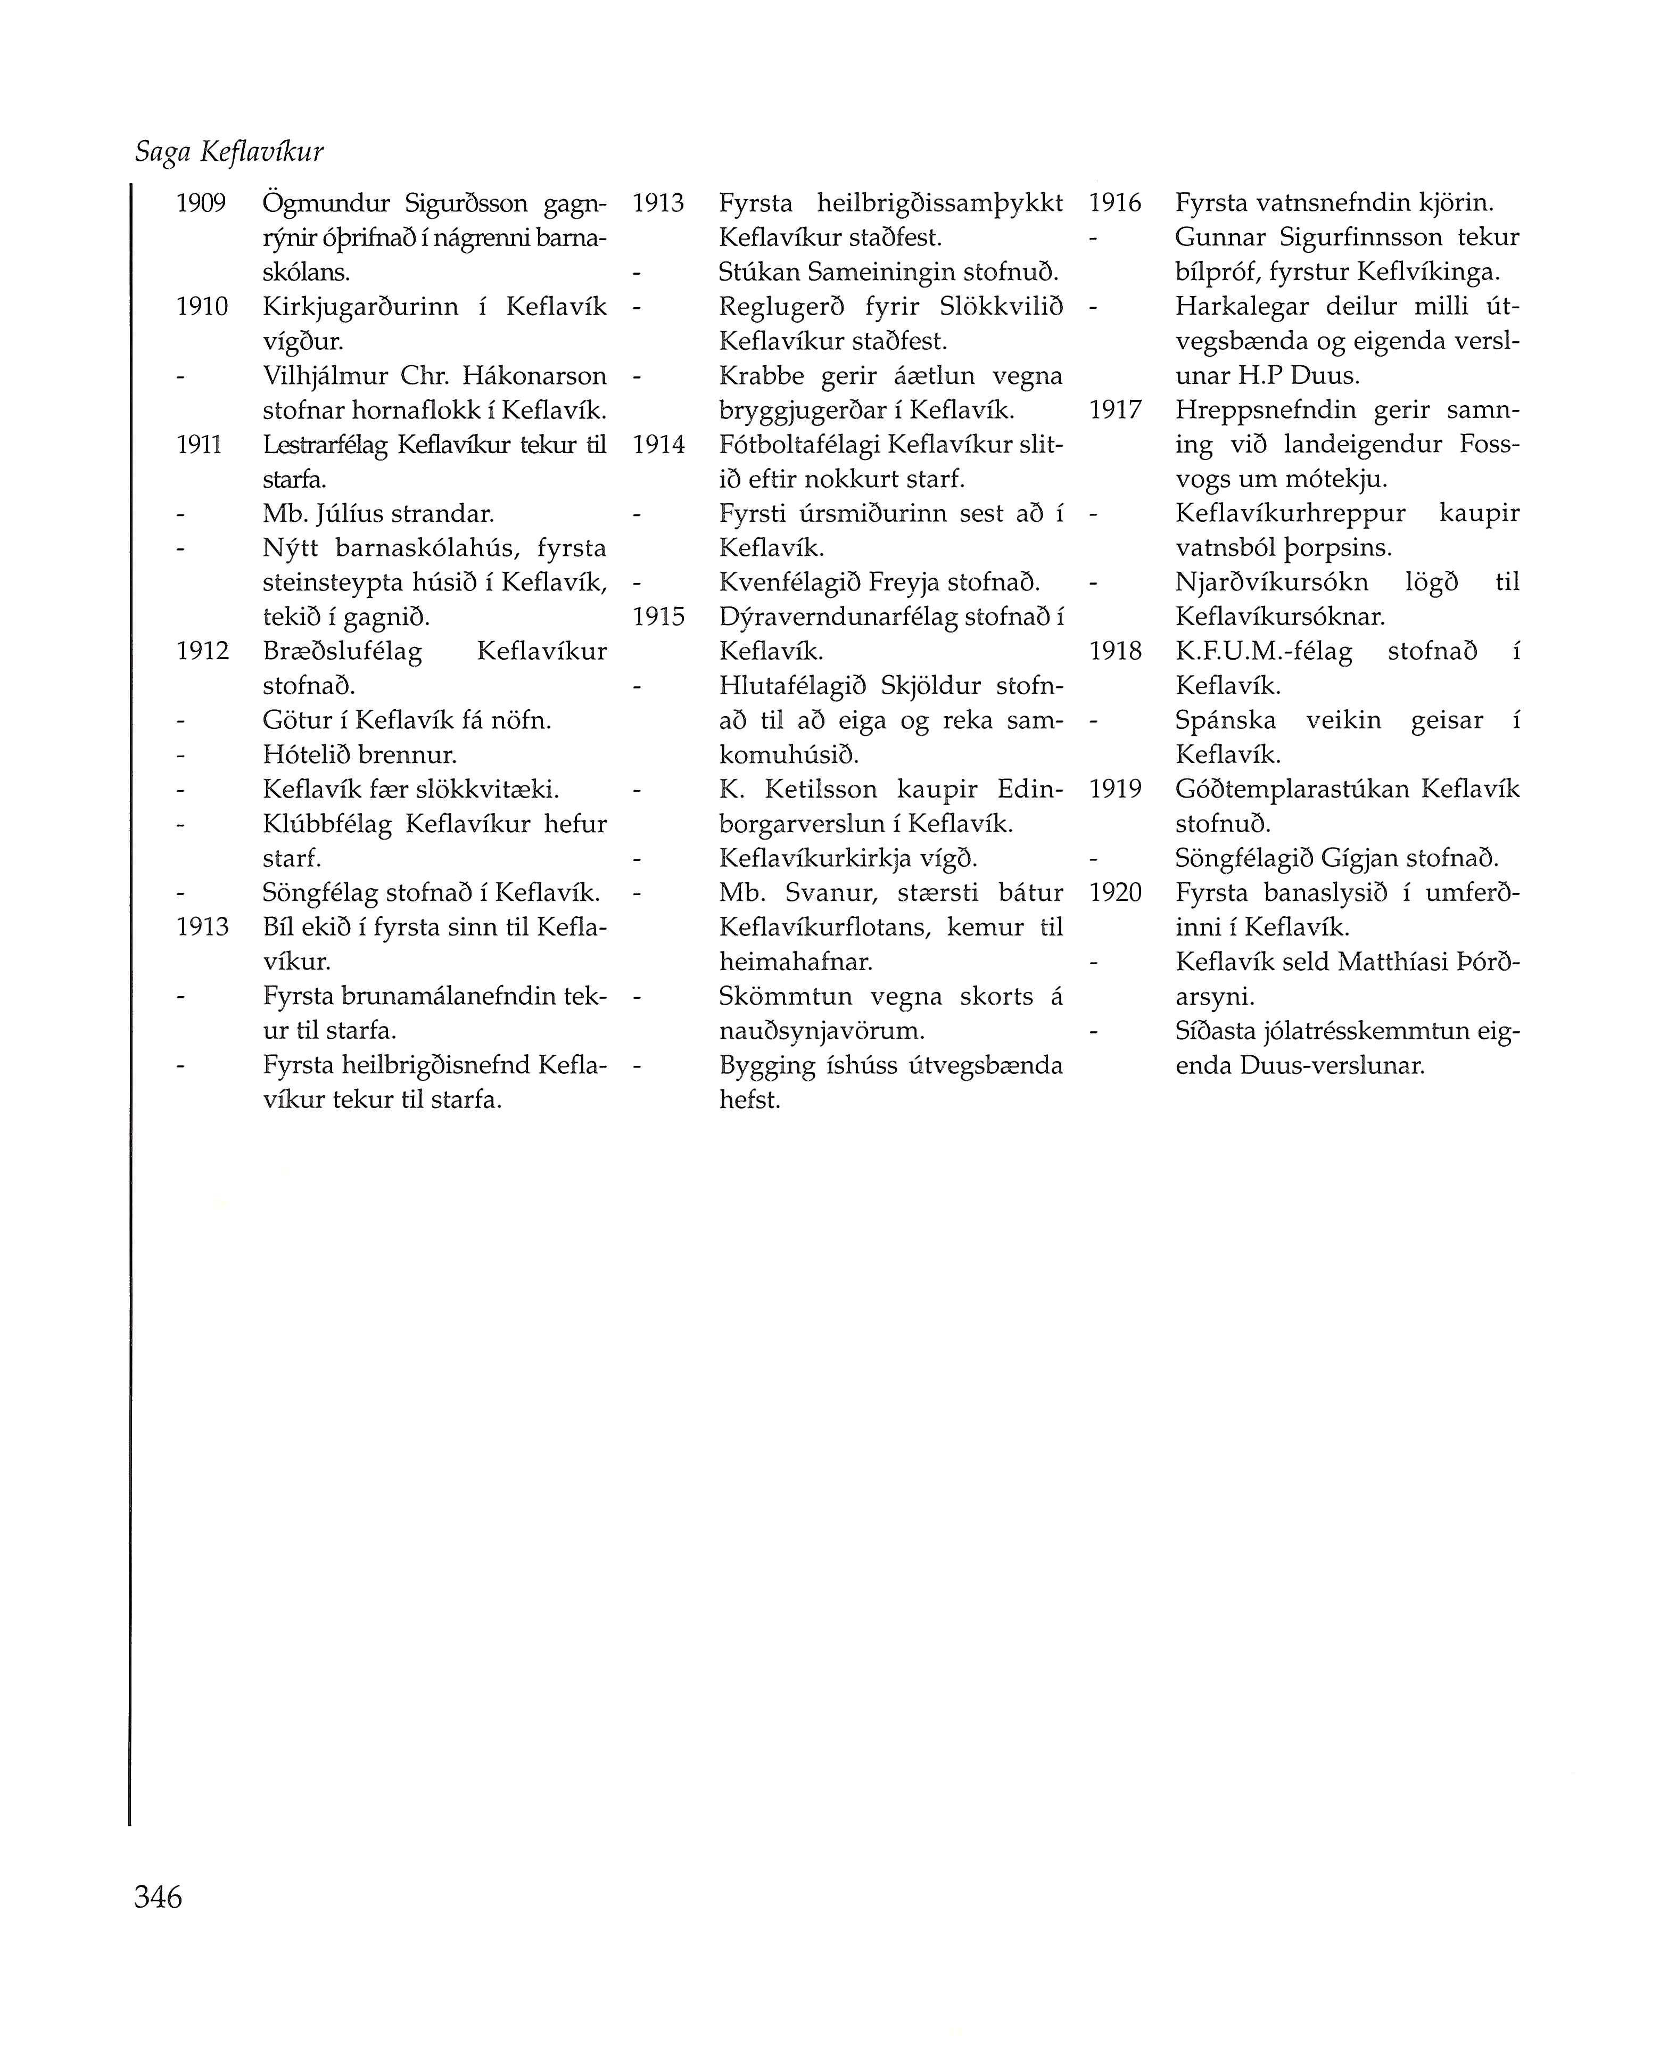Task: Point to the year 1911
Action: tap(200, 445)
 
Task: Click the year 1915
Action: tap(658, 617)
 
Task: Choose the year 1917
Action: tap(1115, 411)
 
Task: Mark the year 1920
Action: tap(1115, 893)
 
